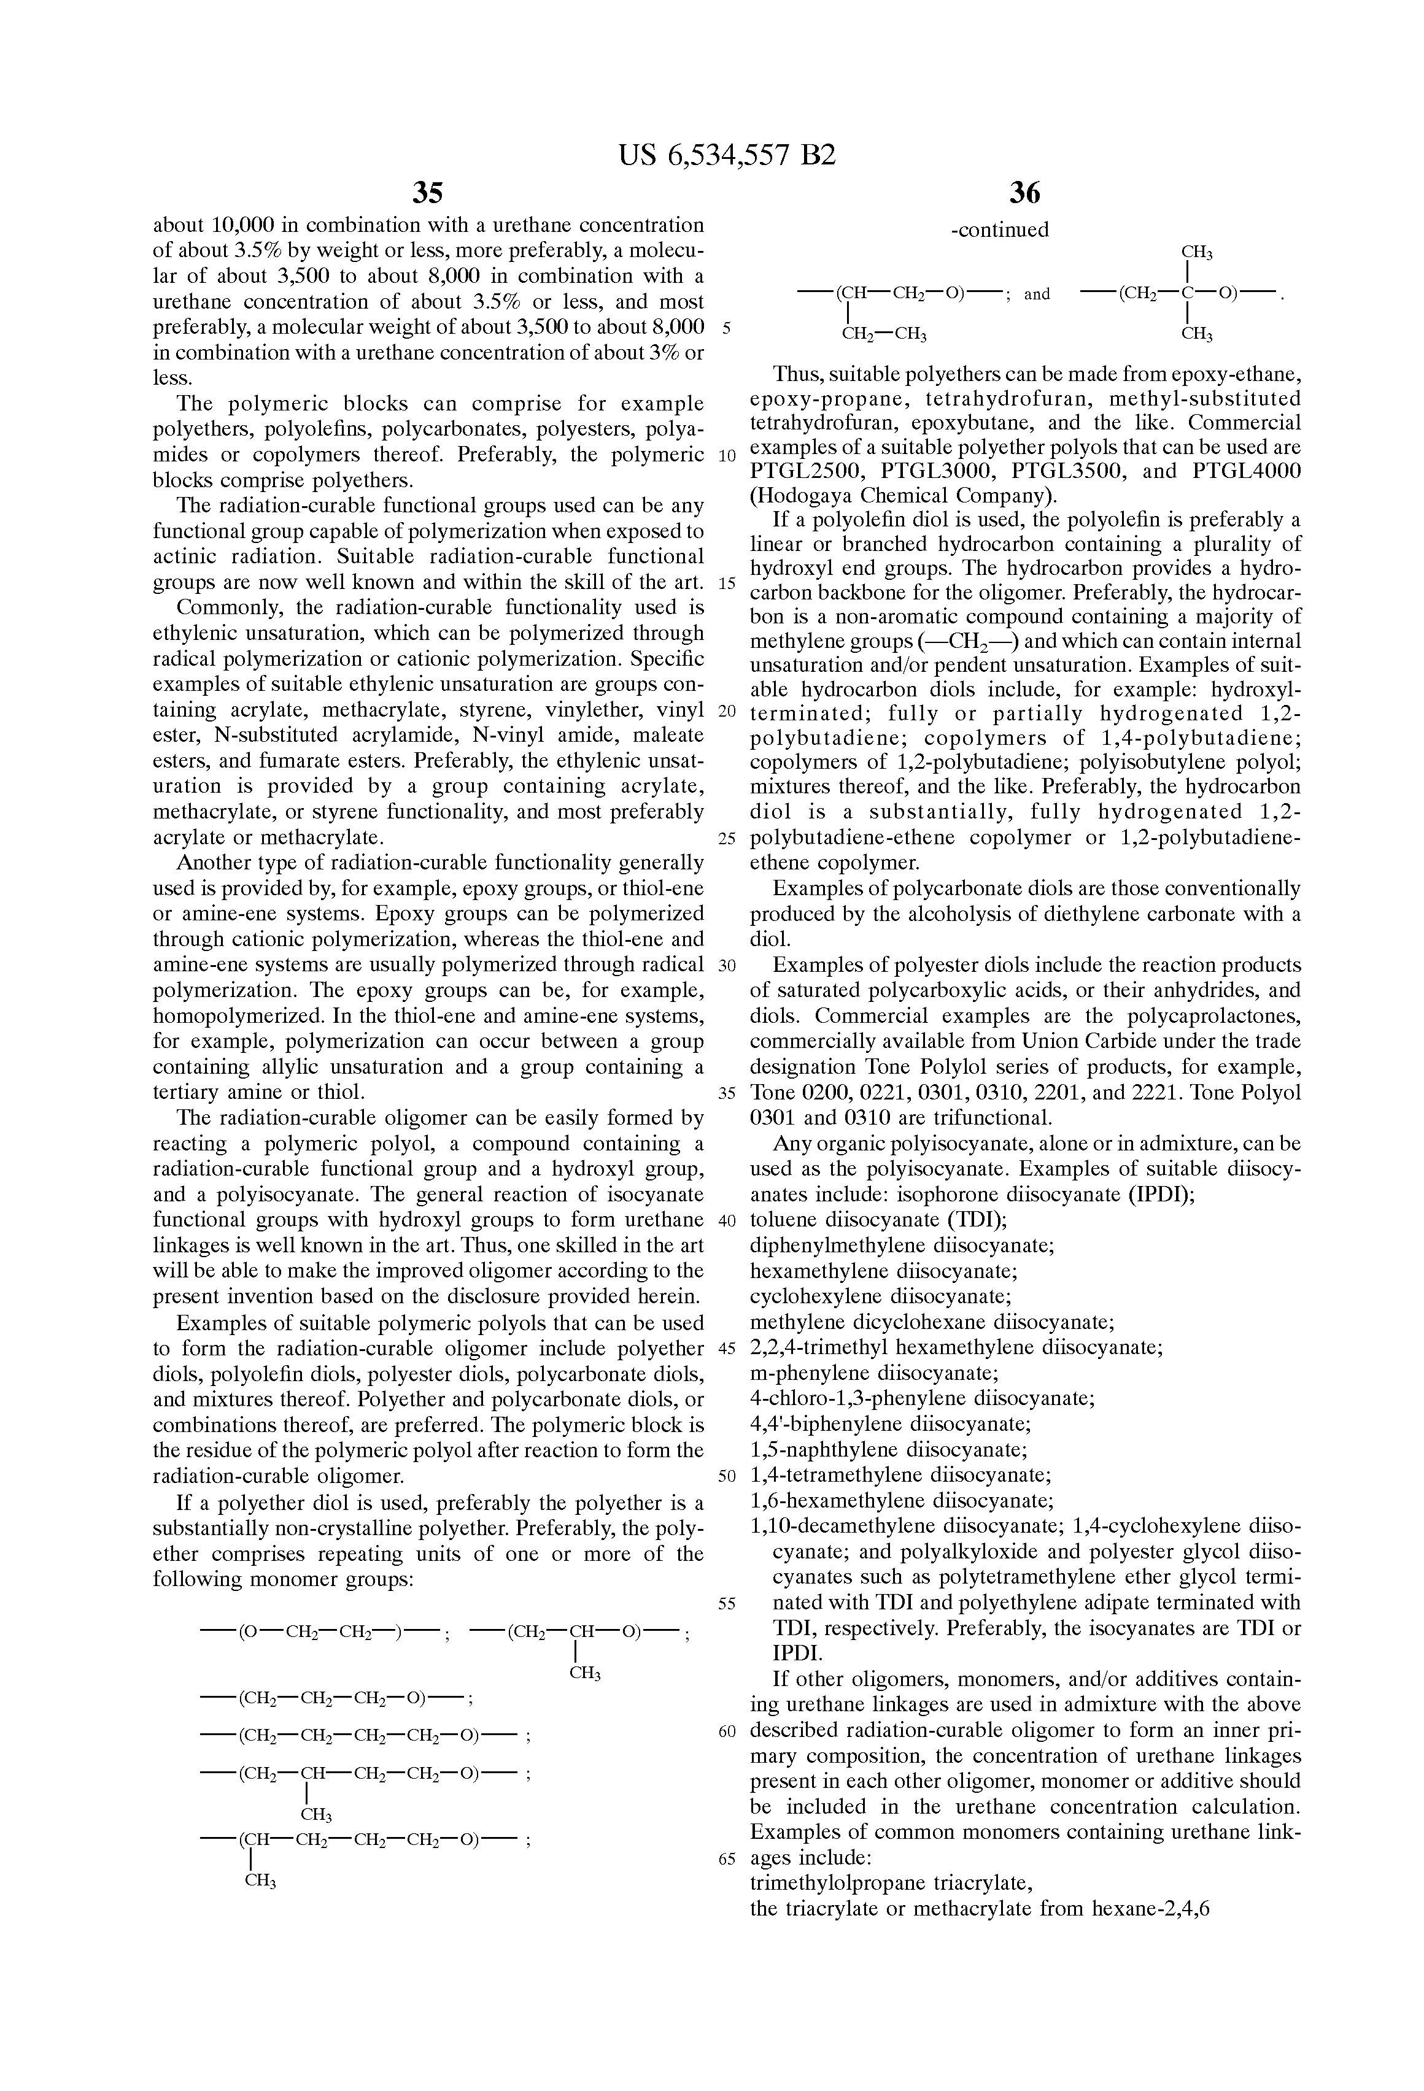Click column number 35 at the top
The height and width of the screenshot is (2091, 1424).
428,193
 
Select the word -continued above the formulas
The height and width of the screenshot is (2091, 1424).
1000,230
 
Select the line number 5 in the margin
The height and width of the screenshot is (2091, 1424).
726,328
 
